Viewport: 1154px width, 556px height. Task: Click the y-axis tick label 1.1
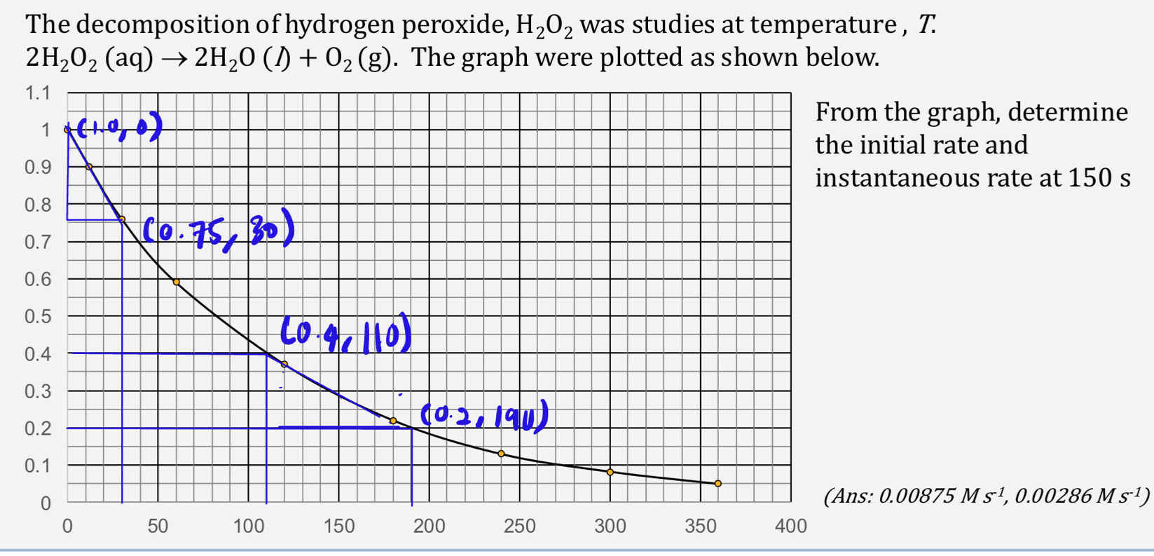click(x=38, y=93)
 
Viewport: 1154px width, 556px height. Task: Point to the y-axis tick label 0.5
click(x=38, y=316)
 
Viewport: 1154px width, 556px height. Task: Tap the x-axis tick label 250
click(x=519, y=527)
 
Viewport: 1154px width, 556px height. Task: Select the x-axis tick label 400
click(x=790, y=527)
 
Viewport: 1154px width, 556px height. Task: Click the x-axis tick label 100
click(x=248, y=527)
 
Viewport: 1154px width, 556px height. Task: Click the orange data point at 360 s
click(x=717, y=484)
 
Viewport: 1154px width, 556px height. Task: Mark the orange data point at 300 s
click(x=610, y=473)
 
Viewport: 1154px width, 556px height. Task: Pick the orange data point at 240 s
click(x=501, y=454)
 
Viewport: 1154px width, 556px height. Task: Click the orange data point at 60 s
click(x=176, y=282)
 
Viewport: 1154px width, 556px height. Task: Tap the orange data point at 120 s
click(x=284, y=365)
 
